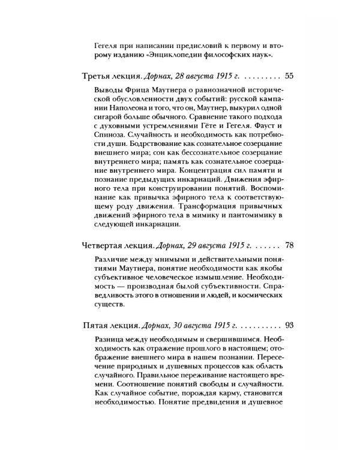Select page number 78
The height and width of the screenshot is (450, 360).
tap(272, 245)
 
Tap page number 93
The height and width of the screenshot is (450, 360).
tap(272, 325)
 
